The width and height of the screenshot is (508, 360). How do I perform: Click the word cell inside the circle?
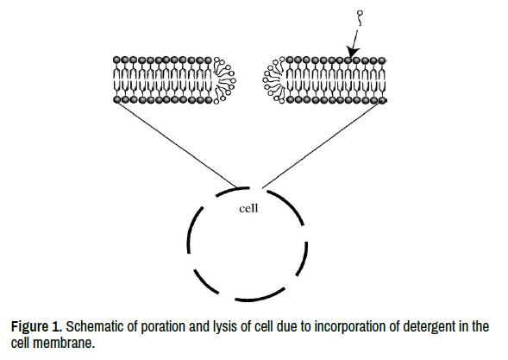[248, 208]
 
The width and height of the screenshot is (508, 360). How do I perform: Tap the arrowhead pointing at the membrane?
[352, 52]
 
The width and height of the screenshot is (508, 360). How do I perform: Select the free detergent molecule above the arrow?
[360, 18]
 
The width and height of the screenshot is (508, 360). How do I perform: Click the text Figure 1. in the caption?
[36, 326]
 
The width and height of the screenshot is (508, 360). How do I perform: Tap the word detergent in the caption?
[430, 327]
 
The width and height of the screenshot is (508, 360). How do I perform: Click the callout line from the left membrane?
[177, 143]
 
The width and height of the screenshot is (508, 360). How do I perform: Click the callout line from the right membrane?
[323, 143]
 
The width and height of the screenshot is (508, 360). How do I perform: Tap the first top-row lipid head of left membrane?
[117, 60]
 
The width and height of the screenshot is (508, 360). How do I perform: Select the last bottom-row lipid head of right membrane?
[382, 100]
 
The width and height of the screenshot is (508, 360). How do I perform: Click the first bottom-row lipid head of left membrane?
[117, 99]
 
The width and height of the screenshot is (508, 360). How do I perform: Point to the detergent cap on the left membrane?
[225, 80]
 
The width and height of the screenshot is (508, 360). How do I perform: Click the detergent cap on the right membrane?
[275, 80]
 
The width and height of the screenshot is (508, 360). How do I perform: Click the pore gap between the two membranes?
[249, 80]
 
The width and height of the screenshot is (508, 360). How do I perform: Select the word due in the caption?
[286, 326]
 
